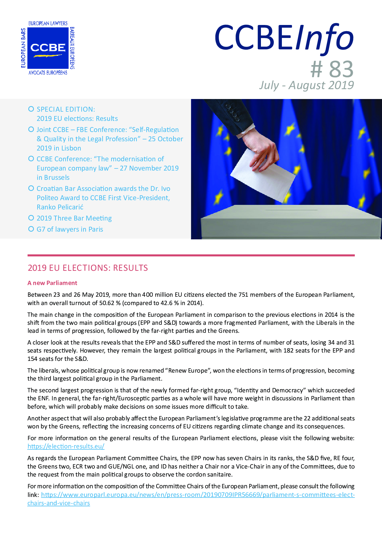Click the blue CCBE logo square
[48, 48]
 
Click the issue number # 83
[332, 69]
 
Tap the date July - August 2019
[307, 85]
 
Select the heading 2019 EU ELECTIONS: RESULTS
[88, 268]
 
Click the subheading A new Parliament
[52, 283]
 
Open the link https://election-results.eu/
[66, 446]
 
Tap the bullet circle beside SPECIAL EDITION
[31, 109]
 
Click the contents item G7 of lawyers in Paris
[70, 229]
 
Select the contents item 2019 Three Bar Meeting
[74, 218]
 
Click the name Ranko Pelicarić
[60, 207]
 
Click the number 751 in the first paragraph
[243, 295]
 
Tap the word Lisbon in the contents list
[71, 148]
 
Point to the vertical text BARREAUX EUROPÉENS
[72, 48]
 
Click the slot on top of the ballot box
[291, 210]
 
